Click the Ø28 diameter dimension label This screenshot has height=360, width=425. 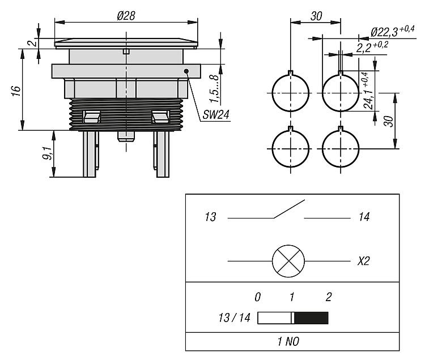(x=126, y=16)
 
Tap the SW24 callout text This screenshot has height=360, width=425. (x=216, y=114)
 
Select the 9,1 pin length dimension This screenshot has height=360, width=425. (x=48, y=153)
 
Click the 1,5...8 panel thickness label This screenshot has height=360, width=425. (x=213, y=85)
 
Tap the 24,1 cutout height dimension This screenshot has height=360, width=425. (x=369, y=91)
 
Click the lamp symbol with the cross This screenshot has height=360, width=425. (x=288, y=261)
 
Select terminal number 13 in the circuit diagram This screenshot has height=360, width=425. (x=210, y=217)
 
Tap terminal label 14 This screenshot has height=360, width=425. (x=364, y=217)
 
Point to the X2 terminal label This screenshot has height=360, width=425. (x=364, y=262)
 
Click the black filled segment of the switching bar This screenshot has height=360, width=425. (x=311, y=318)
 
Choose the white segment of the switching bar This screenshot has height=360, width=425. (x=275, y=318)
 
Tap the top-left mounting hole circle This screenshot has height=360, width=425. (x=290, y=92)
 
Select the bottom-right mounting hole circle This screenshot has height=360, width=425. (x=340, y=148)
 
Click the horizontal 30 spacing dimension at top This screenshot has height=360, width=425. (x=316, y=16)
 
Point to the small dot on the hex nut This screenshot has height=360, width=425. (x=186, y=71)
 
